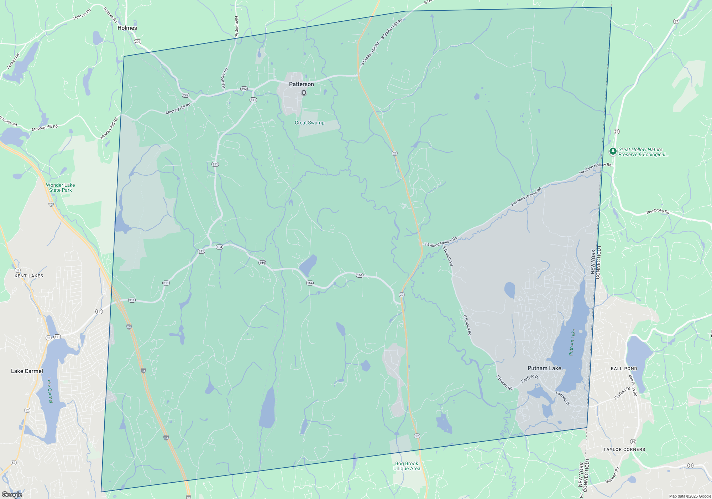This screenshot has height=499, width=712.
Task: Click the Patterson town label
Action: [x=301, y=84]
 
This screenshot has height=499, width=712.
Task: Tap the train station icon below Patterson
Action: [x=304, y=93]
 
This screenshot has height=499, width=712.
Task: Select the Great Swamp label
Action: [x=309, y=123]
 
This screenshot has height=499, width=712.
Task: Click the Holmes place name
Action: [x=127, y=28]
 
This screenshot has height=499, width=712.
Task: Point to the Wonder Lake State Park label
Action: [x=60, y=187]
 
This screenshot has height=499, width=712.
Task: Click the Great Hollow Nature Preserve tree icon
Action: [x=613, y=151]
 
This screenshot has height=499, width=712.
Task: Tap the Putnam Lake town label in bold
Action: [x=544, y=368]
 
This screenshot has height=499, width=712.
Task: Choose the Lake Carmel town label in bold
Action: [x=27, y=371]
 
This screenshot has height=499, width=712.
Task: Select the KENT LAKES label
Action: [x=29, y=276]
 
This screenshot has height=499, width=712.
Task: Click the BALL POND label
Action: [x=624, y=369]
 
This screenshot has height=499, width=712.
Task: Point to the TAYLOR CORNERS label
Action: [x=624, y=449]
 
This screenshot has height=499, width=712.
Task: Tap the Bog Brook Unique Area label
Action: [x=407, y=466]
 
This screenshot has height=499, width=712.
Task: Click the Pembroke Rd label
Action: [x=658, y=211]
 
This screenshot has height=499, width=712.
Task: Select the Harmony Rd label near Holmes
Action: [x=236, y=27]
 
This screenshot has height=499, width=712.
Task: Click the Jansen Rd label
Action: [x=14, y=61]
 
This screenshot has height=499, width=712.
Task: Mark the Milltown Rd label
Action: [x=612, y=475]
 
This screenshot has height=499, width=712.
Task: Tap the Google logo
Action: [x=12, y=495]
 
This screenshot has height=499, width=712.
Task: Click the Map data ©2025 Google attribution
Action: [x=690, y=496]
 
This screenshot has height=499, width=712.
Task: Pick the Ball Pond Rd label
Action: [x=633, y=385]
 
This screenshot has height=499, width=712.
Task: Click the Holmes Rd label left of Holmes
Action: [x=82, y=14]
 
